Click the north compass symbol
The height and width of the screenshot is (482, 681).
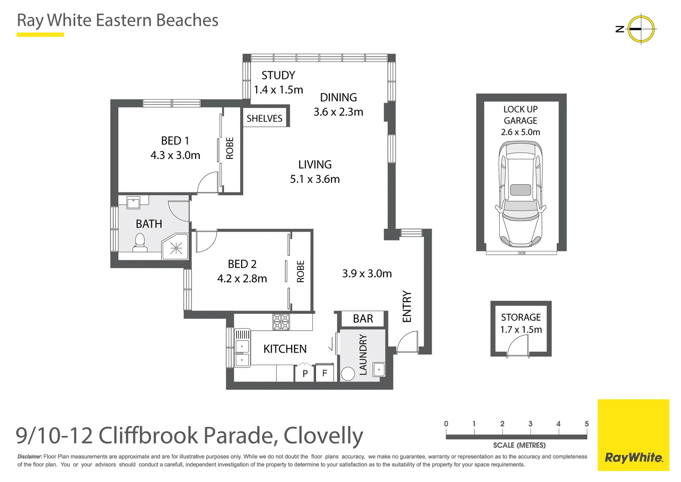641,29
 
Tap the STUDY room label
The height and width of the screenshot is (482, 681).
278,75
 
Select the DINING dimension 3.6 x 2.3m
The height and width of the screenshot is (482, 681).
338,112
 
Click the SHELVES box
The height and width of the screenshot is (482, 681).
265,118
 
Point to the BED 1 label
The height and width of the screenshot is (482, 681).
175,141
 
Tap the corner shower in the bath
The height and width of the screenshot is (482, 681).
175,247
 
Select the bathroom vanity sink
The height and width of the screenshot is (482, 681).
134,203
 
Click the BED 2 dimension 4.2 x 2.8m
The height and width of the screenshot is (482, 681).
242,278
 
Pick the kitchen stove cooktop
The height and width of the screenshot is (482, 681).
281,322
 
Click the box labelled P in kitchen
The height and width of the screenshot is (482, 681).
305,374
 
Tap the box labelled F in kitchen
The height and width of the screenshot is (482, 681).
325,373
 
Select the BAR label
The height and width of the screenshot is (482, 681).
363,319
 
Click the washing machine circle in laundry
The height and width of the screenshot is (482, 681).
348,374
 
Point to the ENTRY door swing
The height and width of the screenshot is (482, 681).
407,343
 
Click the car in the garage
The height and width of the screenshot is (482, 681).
521,195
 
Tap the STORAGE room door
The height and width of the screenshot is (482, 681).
517,346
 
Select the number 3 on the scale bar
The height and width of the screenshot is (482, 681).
530,424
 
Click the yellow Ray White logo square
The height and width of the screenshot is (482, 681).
633,435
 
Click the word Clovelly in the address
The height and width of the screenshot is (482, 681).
323,436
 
